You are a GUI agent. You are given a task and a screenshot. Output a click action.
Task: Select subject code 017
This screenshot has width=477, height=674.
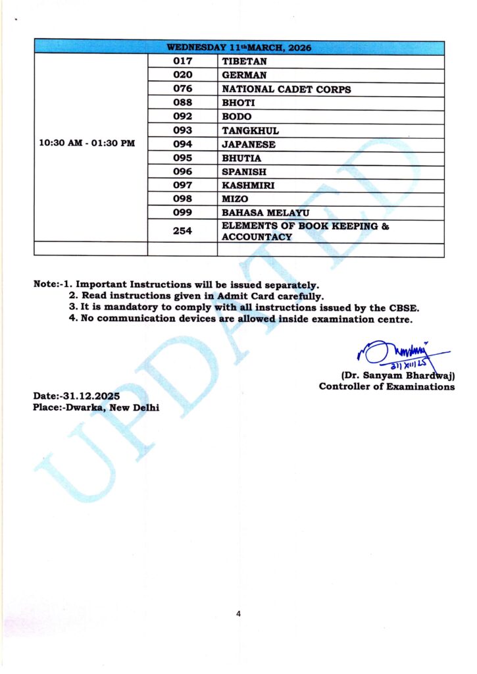(x=182, y=61)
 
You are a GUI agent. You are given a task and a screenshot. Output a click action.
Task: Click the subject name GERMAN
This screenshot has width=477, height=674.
(x=244, y=75)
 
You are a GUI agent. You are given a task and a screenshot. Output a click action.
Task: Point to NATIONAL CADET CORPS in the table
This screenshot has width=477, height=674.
(x=286, y=89)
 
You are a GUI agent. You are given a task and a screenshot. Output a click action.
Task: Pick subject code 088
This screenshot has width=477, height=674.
(x=182, y=103)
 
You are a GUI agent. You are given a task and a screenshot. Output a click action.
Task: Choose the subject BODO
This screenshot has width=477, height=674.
(x=237, y=117)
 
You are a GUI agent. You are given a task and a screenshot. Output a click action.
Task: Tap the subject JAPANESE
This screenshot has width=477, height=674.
(x=249, y=144)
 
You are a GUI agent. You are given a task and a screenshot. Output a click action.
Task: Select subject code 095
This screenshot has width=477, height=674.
(x=182, y=158)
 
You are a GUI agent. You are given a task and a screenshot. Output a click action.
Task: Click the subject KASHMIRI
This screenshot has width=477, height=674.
(x=247, y=186)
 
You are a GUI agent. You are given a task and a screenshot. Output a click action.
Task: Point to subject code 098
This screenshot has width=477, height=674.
(x=182, y=199)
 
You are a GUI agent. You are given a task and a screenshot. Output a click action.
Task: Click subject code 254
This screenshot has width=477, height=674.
(x=182, y=231)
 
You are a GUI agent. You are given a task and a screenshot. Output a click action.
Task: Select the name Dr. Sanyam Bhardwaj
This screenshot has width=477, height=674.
(x=397, y=375)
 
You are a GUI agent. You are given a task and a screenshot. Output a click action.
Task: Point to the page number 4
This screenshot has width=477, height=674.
(x=238, y=613)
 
